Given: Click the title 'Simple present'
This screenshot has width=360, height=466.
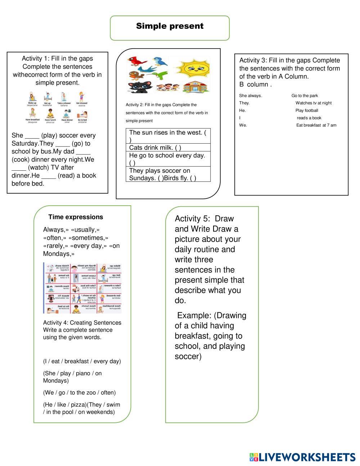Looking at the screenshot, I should pos(170,26).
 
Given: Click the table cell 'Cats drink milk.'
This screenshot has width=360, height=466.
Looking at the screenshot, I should pos(155,147).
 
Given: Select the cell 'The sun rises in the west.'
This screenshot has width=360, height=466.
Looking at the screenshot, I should pos(167,133).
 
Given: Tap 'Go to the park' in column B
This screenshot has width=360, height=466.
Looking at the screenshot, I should pos(305,95).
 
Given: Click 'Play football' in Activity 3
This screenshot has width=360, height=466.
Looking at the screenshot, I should pos(307,110).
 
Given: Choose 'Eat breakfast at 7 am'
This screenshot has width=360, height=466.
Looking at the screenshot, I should pos(316,125).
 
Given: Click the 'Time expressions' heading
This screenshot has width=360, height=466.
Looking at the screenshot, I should pos(76,217).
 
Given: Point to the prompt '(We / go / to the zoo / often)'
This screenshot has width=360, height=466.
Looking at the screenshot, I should pos(79,393).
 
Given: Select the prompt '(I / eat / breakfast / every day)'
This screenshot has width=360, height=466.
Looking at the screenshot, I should pos(82,361).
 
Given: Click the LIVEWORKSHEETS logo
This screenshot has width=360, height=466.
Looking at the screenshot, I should pos(302,457).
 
